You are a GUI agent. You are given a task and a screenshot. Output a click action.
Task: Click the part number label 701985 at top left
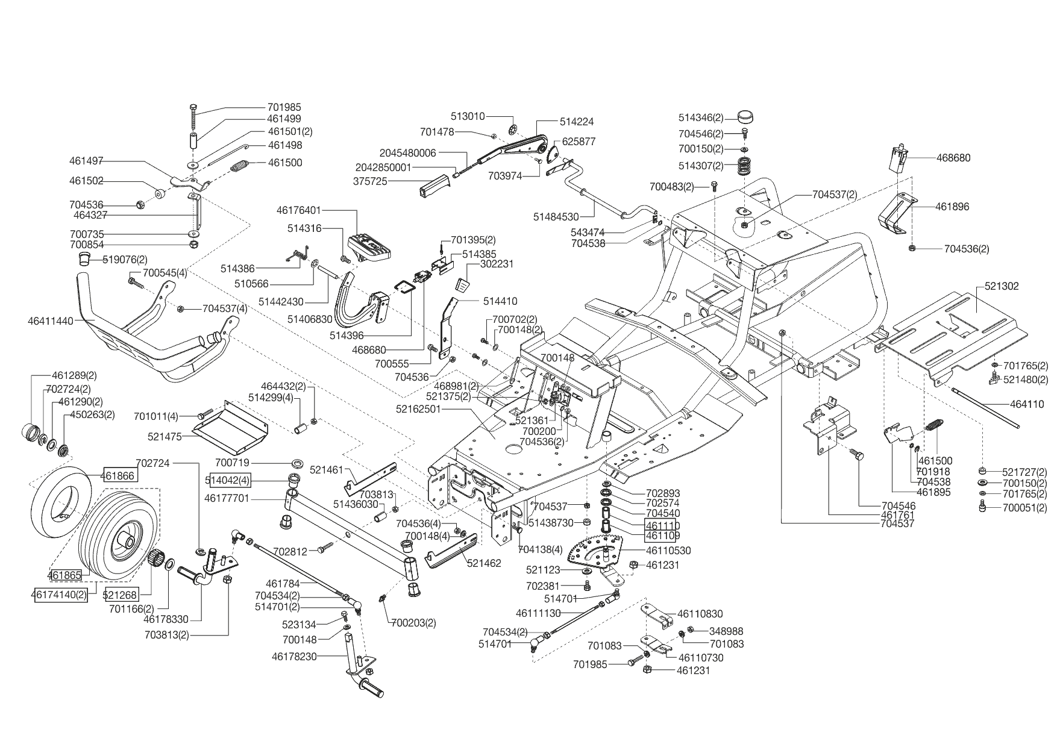[284, 108]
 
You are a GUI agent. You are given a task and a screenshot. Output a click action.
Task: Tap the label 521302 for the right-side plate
[1002, 286]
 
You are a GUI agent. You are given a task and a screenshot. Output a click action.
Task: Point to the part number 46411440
[51, 321]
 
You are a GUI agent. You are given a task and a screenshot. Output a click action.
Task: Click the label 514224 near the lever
[577, 122]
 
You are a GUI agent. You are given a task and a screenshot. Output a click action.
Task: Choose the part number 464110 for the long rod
[1027, 405]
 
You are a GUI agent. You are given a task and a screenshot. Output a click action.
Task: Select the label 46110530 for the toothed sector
[668, 551]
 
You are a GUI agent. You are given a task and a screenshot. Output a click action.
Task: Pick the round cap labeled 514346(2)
[746, 117]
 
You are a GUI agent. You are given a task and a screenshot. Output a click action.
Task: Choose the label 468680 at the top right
[953, 158]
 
